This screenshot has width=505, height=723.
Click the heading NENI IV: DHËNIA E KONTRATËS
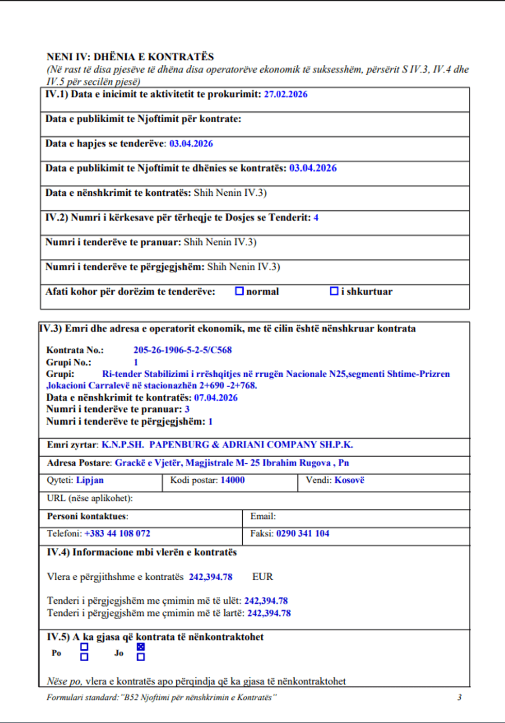130,57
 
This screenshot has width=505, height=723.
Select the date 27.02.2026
285,94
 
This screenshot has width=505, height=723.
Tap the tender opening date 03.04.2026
191,144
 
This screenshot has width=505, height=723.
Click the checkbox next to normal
239,291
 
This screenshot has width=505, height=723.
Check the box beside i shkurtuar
334,291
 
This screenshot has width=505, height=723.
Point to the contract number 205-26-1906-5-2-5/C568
182,350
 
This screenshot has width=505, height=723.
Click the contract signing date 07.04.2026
215,398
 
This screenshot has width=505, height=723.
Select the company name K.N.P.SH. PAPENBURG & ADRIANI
227,445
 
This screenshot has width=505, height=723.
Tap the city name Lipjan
90,480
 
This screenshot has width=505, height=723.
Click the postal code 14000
232,480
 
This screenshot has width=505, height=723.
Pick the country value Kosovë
349,480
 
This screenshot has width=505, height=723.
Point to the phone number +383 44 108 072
117,533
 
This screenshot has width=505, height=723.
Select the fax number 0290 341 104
302,533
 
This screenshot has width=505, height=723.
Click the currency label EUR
262,577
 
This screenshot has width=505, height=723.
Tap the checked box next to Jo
141,647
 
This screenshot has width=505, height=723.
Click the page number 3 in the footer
459,697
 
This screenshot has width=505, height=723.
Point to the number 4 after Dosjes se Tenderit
316,217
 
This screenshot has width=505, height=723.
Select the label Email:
263,516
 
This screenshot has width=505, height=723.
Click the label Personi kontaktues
87,516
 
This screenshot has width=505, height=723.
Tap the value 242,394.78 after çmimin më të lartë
269,613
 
